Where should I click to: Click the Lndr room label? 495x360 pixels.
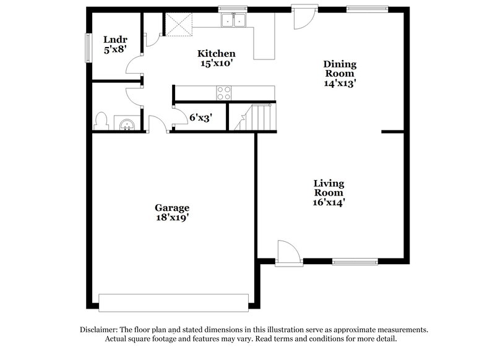[x=115, y=40]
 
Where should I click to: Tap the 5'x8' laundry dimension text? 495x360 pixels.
[x=115, y=49]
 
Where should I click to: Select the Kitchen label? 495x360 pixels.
[x=216, y=53]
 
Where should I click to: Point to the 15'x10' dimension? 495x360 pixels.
[x=216, y=63]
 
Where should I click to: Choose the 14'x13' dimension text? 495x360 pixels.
[x=340, y=83]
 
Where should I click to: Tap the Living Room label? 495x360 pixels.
[x=329, y=187]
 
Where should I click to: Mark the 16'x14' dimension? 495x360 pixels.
[x=329, y=202]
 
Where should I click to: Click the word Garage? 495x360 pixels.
[x=172, y=208]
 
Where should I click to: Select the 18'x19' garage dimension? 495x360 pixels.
[x=172, y=218]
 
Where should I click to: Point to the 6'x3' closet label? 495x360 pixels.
[x=201, y=116]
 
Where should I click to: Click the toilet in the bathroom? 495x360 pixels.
[x=102, y=121]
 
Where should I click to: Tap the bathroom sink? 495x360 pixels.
[x=127, y=123]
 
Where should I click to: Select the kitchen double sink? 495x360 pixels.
[x=234, y=21]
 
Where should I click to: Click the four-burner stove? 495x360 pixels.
[x=223, y=93]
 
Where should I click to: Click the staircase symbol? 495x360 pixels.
[x=254, y=117]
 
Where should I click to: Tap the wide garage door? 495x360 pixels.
[x=174, y=302]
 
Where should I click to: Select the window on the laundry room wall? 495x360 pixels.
[x=88, y=45]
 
